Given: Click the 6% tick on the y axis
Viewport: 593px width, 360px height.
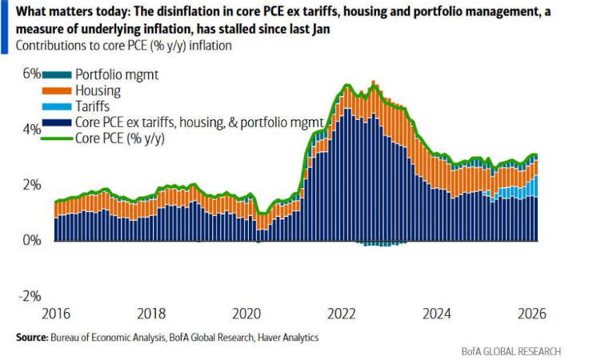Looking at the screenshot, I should coord(31,73).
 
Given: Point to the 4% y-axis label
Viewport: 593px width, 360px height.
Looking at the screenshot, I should coord(31,129).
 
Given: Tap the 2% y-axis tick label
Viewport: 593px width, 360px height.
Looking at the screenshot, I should coord(31,185).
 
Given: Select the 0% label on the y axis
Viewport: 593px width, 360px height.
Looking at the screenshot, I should coord(31,240).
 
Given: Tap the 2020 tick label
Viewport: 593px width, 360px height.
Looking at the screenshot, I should coord(246,313).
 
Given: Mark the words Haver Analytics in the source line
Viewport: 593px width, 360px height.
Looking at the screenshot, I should coord(286,338).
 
